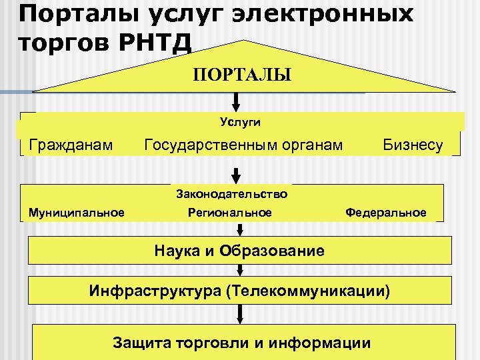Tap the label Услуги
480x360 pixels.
pos(240,122)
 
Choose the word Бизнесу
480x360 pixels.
pos(413,145)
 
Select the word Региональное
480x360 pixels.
pos(230,213)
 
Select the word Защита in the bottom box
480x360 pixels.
pos(141,343)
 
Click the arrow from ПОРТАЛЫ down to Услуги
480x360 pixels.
pos(235,102)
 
